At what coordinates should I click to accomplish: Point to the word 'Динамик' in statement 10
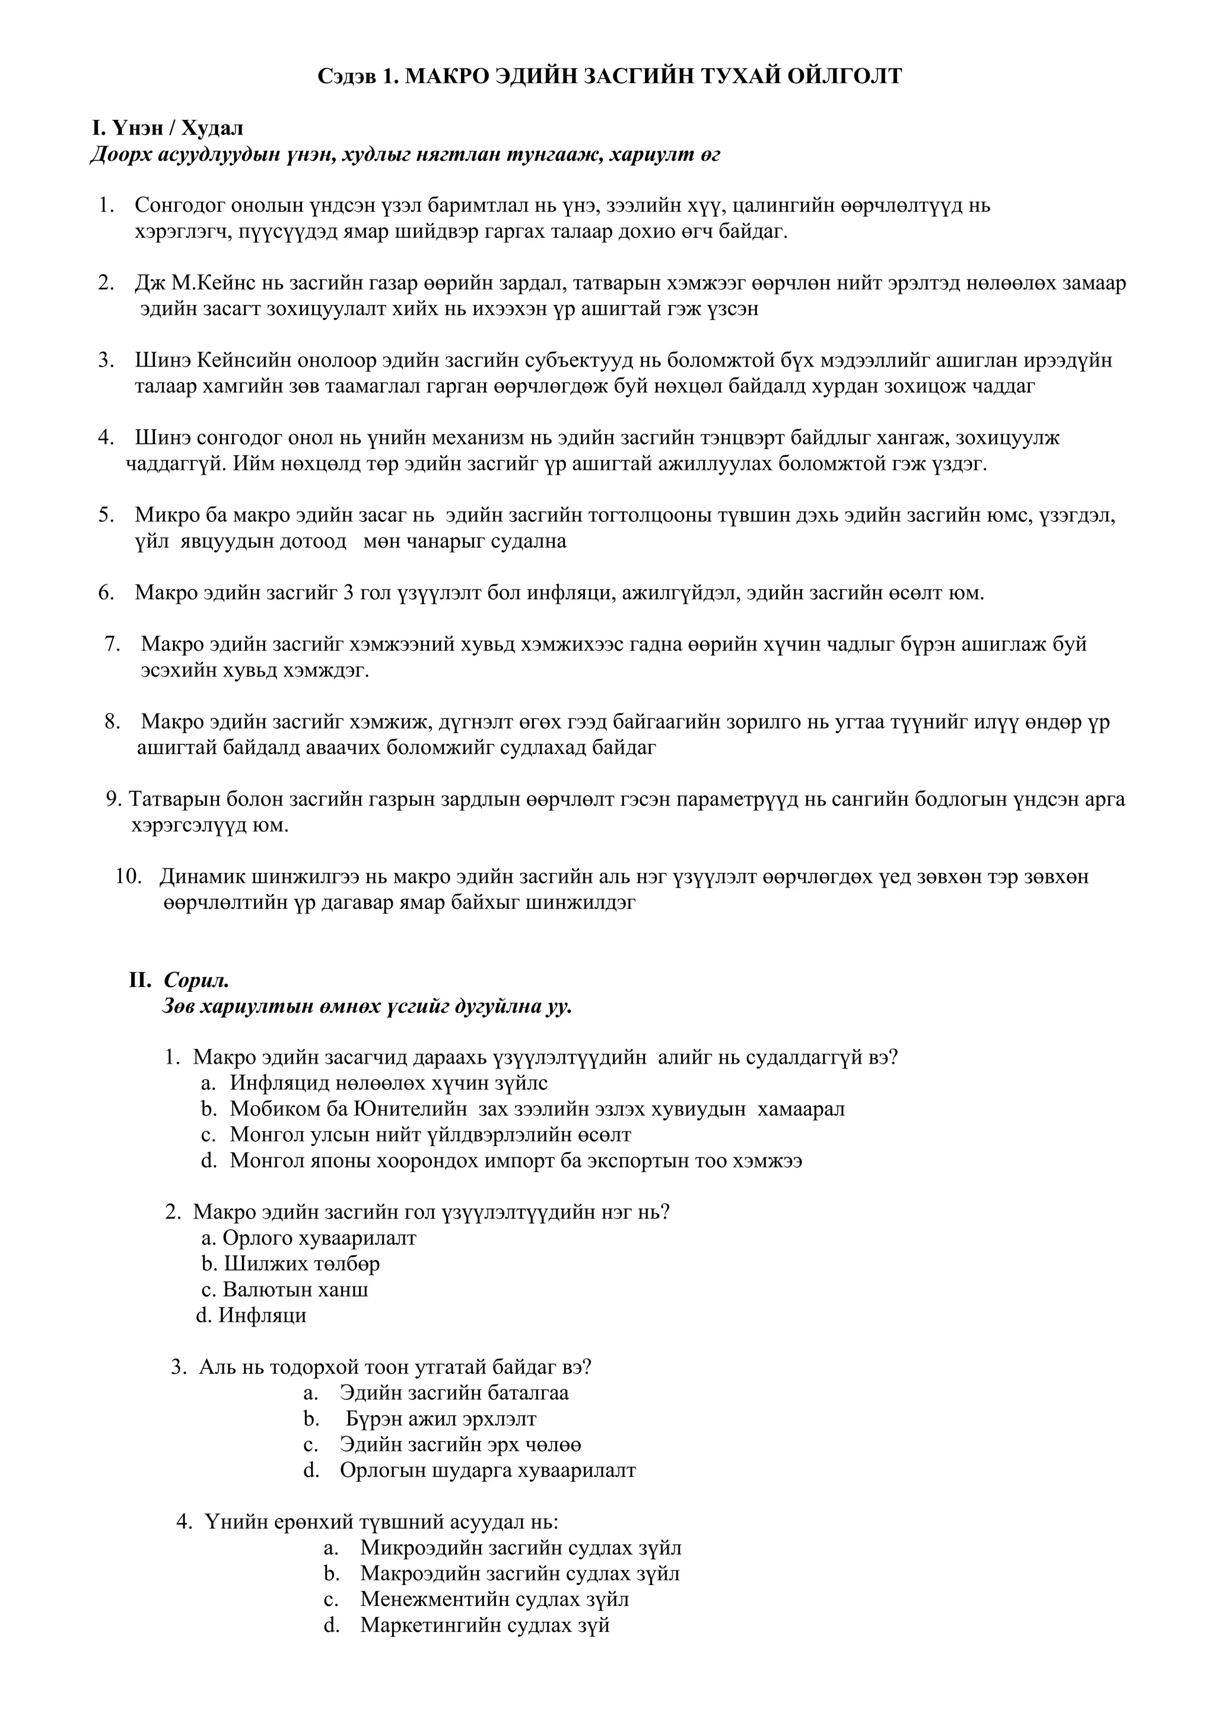coord(201,876)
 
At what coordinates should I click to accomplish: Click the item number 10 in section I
coord(129,876)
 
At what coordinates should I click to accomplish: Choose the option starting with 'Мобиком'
coord(536,1108)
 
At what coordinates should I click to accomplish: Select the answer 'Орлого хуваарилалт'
coord(319,1237)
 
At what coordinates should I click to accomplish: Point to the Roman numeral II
coord(140,980)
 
